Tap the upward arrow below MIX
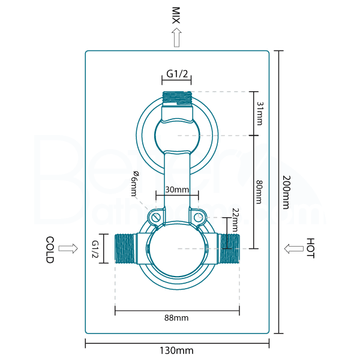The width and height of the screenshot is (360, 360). click(176, 38)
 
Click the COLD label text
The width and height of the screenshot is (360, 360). click(50, 249)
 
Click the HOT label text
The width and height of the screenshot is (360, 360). click(310, 248)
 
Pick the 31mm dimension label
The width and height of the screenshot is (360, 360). click(259, 113)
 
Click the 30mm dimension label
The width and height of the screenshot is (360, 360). click(177, 190)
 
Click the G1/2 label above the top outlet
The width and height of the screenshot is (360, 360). click(177, 74)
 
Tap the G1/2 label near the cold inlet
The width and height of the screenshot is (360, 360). click(95, 249)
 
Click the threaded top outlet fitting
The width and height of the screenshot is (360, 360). click(177, 97)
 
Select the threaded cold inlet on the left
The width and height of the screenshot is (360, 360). click(124, 248)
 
